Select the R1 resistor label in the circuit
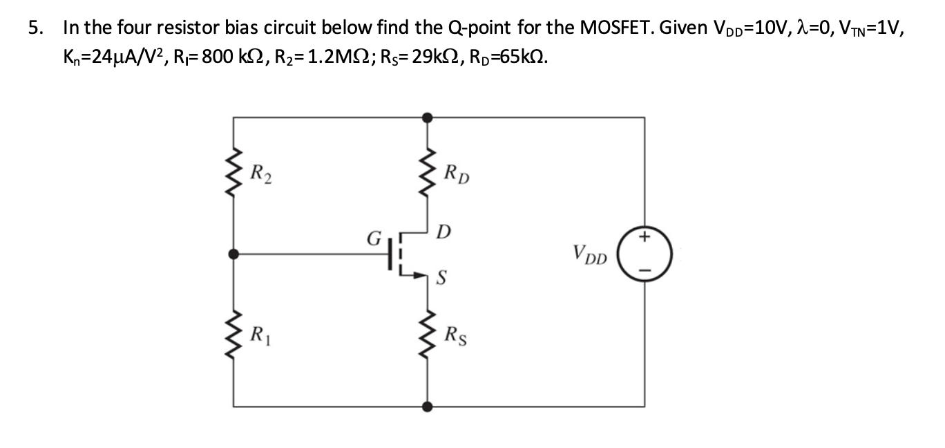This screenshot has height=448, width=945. (260, 339)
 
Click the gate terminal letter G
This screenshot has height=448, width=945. (374, 242)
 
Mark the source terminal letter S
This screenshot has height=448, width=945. (443, 279)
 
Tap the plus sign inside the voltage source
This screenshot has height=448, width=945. (645, 239)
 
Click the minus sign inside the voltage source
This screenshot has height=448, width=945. (645, 270)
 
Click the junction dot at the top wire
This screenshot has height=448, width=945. (428, 118)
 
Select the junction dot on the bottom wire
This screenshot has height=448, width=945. (428, 407)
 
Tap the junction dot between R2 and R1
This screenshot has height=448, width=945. (234, 254)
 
